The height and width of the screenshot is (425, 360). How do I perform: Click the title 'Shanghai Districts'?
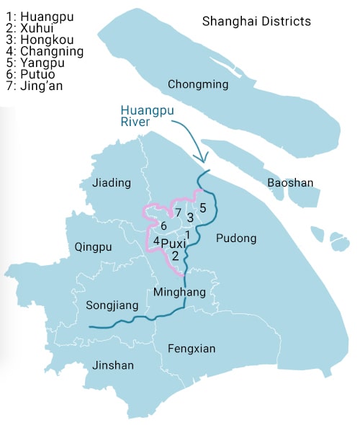point(256,22)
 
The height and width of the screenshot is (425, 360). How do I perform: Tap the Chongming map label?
point(198,85)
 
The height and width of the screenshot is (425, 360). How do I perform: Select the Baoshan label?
point(290,183)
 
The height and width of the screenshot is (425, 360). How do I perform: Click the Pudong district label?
point(235,238)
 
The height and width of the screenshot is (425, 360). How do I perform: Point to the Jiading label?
point(112,183)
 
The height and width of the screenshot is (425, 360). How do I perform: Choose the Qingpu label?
point(94,247)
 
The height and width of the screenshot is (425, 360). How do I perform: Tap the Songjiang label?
point(112,305)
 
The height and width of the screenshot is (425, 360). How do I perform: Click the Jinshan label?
point(113,365)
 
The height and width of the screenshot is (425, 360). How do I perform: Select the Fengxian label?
point(192,349)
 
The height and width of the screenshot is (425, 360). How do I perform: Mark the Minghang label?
point(180,292)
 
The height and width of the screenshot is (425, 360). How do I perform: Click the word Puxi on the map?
point(174,243)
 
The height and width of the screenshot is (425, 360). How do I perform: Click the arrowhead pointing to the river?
point(203,158)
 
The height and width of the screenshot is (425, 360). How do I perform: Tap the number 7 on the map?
point(177,212)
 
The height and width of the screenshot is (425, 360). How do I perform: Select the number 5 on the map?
point(202,208)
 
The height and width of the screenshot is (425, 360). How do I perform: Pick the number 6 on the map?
point(163,226)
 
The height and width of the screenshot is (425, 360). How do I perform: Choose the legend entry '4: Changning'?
point(42,51)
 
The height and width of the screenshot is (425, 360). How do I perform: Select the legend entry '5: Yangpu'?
point(34,63)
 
